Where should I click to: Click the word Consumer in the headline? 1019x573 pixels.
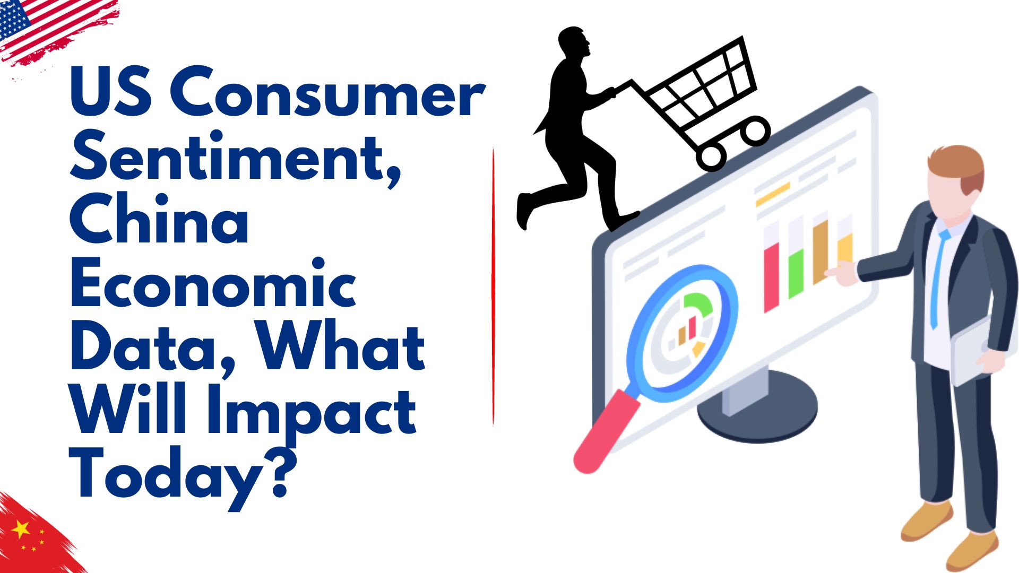click(x=327, y=93)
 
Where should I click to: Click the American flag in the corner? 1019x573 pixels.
click(x=56, y=32)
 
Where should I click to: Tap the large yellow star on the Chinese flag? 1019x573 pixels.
click(x=21, y=528)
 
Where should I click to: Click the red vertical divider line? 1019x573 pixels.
click(x=493, y=286)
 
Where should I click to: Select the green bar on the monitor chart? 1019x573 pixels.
click(x=797, y=273)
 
